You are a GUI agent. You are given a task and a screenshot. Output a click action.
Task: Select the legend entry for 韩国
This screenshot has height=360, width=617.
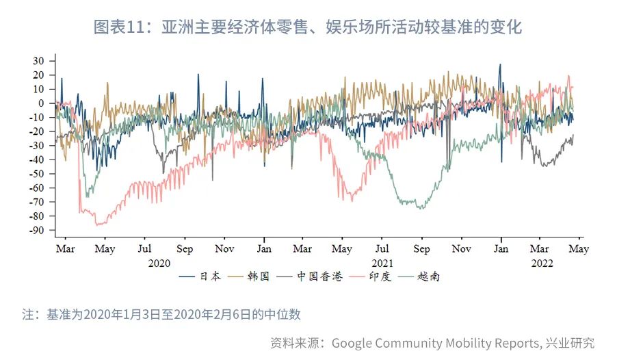coord(259,277)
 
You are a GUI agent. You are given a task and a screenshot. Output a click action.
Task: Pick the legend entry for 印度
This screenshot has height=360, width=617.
coord(380,277)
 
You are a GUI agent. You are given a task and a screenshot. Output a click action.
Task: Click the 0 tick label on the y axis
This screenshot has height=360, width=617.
coord(42,103)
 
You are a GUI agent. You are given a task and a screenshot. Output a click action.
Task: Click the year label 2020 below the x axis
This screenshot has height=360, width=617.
coord(159,262)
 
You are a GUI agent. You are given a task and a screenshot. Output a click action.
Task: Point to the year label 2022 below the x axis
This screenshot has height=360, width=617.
coord(541,262)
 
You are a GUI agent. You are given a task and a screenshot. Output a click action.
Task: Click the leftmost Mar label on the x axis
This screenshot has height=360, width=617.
coord(65,249)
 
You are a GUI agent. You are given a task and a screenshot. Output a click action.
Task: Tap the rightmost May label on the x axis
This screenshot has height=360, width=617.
coord(579,249)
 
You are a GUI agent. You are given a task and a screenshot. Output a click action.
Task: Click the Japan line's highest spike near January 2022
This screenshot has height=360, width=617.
coord(500,65)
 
